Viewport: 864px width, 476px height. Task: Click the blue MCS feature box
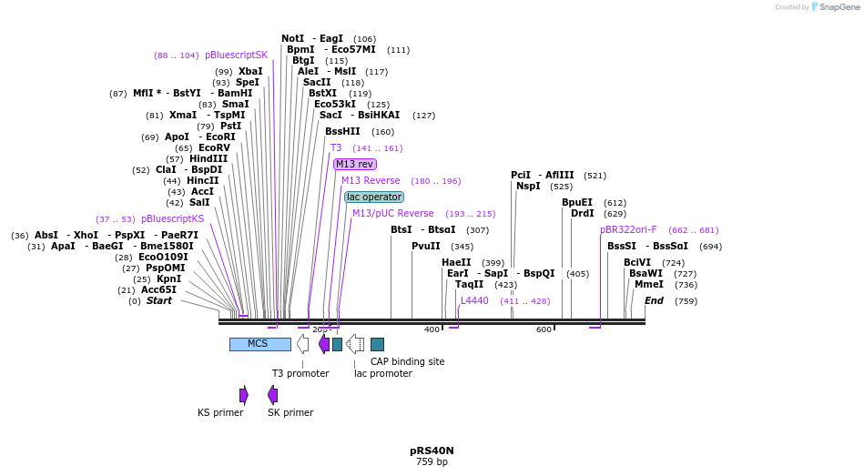click(x=259, y=344)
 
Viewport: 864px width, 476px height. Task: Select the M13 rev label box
click(x=354, y=164)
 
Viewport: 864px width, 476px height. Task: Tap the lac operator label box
click(x=374, y=197)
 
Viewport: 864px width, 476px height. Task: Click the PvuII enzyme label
click(x=425, y=246)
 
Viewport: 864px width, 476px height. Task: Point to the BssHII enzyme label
click(x=342, y=131)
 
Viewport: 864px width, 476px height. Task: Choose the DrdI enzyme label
click(x=582, y=213)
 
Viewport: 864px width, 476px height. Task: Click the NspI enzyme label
click(x=528, y=186)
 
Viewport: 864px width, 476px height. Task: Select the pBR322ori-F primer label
click(x=628, y=229)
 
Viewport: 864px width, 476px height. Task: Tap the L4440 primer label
click(x=474, y=300)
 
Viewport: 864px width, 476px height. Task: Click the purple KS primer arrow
click(x=244, y=395)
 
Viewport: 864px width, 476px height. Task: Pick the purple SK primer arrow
click(x=272, y=395)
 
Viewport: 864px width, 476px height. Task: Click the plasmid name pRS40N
click(x=432, y=451)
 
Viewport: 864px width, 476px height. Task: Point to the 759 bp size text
click(x=432, y=462)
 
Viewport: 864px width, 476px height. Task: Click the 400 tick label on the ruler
click(x=432, y=329)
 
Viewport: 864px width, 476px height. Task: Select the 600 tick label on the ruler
click(x=544, y=329)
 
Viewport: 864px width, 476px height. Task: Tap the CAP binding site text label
click(x=407, y=361)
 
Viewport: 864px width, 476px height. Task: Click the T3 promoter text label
click(x=300, y=373)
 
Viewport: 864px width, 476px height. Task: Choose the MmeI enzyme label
click(x=649, y=284)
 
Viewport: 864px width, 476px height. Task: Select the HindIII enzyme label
click(x=208, y=158)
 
